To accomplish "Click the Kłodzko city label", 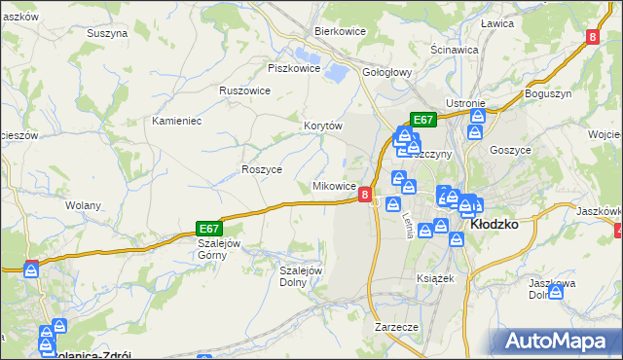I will (494, 223).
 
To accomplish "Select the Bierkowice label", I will (339, 30).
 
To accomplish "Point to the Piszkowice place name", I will (294, 68).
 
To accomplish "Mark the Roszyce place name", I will (261, 169).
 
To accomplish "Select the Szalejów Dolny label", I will (301, 276).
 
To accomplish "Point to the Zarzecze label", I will (396, 327).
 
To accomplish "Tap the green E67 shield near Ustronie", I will (422, 120).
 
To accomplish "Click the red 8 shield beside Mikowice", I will (365, 195).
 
